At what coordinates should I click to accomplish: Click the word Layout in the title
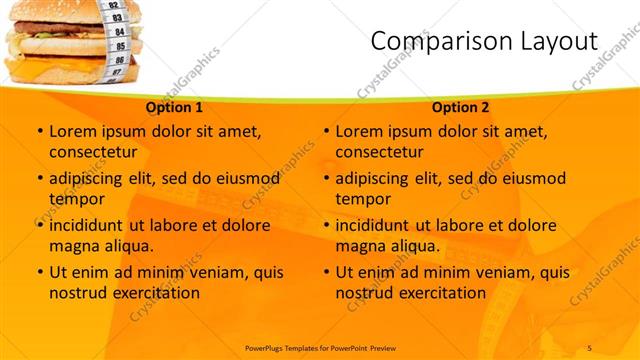[x=552, y=41]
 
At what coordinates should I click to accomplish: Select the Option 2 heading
[x=461, y=107]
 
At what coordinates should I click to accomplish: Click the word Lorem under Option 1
[x=75, y=131]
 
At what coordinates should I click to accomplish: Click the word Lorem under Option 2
[x=361, y=131]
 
